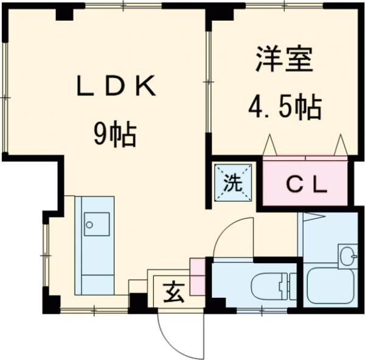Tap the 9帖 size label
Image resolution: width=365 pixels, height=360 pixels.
(x=114, y=133)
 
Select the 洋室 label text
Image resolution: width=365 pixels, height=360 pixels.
(x=285, y=60)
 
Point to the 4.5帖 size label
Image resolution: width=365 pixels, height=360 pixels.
(x=284, y=108)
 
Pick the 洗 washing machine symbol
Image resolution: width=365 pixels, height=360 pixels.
(x=232, y=182)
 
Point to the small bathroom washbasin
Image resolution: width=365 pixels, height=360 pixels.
(x=348, y=256)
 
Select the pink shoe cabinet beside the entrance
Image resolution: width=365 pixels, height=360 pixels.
(x=198, y=277)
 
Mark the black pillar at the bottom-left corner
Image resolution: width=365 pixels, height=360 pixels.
(x=51, y=302)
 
